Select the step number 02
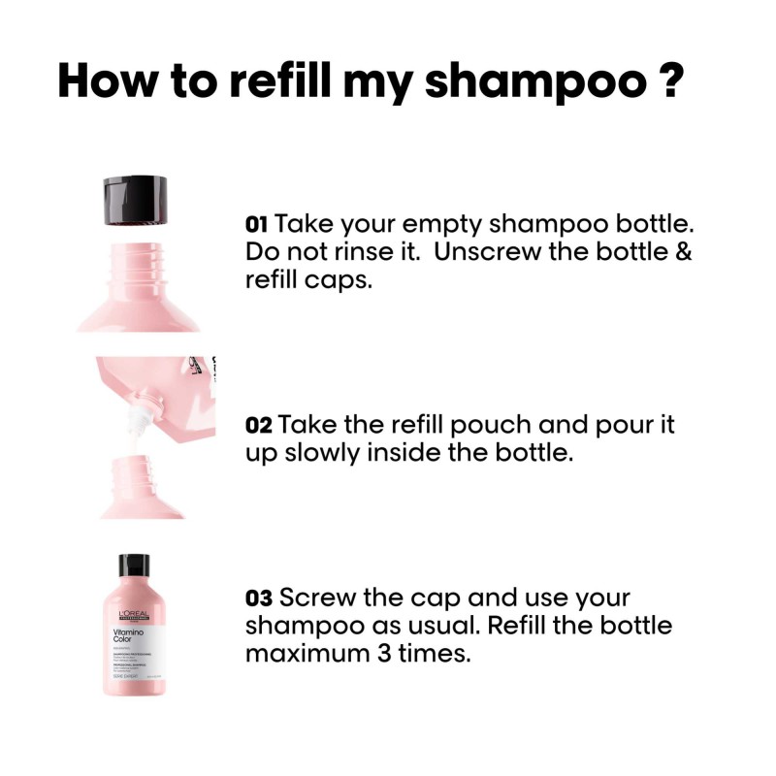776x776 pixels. [x=259, y=426]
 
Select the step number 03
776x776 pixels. [x=259, y=598]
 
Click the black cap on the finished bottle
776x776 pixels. [x=134, y=566]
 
